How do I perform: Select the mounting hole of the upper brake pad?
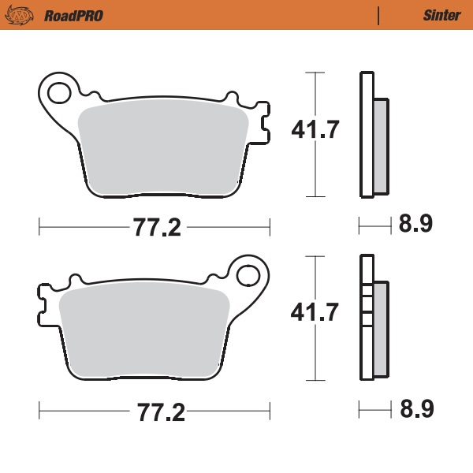58,93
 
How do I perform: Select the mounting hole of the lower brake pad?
249,275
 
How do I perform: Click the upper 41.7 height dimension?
315,129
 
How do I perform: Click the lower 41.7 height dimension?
315,312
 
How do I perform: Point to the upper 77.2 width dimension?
155,228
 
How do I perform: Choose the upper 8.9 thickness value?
415,225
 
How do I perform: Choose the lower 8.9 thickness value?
415,409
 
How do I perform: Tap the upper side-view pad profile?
372,134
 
